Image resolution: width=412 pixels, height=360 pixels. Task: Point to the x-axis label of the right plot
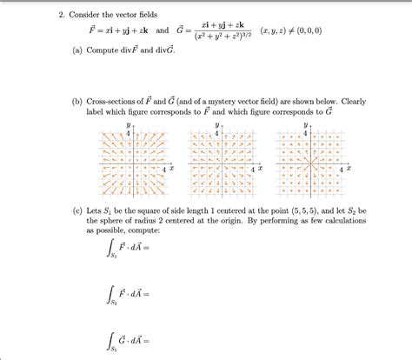pos(344,168)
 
